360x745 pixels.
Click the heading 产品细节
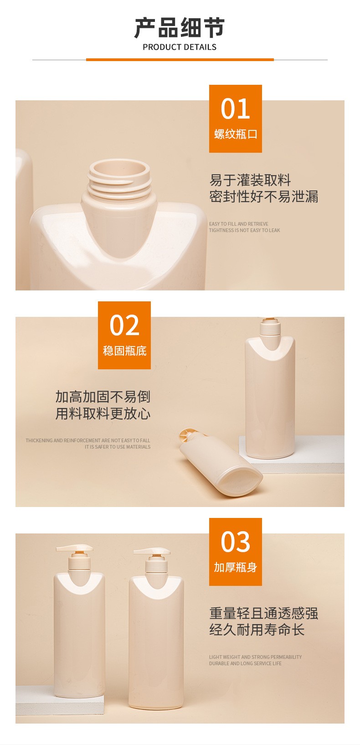pos(180,28)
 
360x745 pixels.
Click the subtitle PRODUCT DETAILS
pos(180,47)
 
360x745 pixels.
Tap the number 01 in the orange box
pos(235,109)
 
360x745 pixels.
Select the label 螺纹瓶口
pos(236,134)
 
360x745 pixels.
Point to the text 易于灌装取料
pos(250,180)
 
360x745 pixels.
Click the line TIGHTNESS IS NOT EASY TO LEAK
pos(244,230)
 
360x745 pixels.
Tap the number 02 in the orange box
pos(124,325)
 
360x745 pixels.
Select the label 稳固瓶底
pos(125,351)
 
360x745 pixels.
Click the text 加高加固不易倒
pos(103,397)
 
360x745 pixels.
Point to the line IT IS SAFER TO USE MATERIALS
pos(117,447)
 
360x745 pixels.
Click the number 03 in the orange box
pos(235,542)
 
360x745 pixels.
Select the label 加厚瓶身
pos(235,567)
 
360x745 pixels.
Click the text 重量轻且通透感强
pos(263,613)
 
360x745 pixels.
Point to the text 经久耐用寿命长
pos(257,630)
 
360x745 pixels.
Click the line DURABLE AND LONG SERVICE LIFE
pos(245,663)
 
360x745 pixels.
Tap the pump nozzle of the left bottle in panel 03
pos(74,548)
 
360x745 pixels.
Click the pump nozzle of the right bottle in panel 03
pos(152,551)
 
